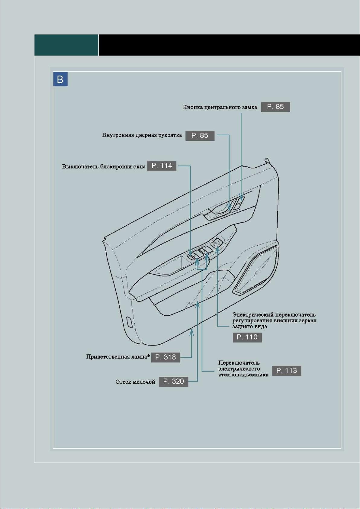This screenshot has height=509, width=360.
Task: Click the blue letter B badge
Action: tap(60, 79)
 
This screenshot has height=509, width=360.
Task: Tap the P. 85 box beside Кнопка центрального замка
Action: tap(275, 107)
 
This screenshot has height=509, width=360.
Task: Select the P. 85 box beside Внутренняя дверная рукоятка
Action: tap(200, 136)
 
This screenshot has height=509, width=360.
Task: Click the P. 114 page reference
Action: tap(162, 166)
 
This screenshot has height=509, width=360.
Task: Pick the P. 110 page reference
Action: tap(247, 337)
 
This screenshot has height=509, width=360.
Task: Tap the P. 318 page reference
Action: tap(166, 357)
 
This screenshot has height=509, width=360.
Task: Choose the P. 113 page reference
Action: tap(287, 371)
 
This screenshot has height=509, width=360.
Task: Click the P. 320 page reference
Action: tap(174, 382)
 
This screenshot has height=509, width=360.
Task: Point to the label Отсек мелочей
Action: tap(135, 382)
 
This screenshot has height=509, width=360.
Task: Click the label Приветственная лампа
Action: tap(117, 357)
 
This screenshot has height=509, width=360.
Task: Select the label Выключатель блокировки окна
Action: tap(104, 166)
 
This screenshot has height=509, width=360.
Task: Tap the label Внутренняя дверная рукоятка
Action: tap(142, 135)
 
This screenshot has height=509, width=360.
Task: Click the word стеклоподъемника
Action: tap(243, 375)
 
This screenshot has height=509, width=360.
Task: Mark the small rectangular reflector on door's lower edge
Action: tap(129, 322)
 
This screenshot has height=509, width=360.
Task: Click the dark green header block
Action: tap(66, 45)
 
